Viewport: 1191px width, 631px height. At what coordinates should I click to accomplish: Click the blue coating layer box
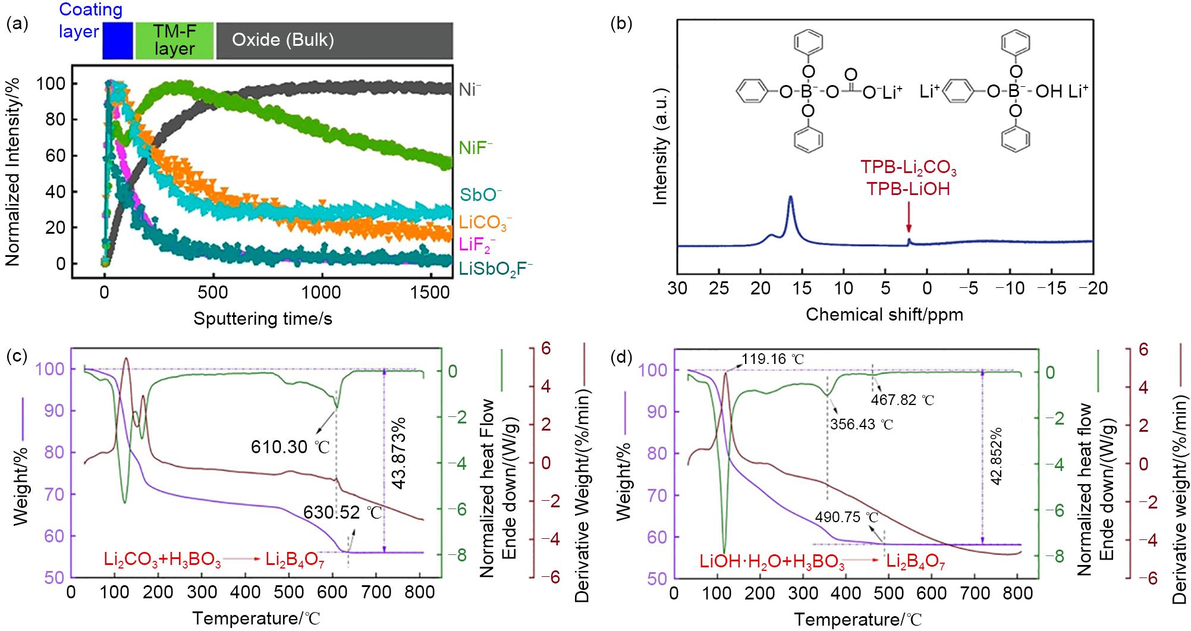pos(117,40)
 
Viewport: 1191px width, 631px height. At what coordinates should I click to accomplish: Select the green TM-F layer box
pos(174,40)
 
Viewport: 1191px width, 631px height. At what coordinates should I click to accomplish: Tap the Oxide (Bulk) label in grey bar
pos(282,40)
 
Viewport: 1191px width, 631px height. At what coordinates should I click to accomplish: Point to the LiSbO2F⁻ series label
pos(495,269)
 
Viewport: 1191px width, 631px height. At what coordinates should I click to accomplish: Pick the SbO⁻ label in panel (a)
pos(481,194)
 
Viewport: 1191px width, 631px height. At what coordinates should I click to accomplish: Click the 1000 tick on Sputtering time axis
pos(322,293)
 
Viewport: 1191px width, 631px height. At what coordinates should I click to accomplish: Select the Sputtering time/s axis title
pos(262,319)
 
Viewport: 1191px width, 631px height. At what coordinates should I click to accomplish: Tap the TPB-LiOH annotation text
pos(907,189)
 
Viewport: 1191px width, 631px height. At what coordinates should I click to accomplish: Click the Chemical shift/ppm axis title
pos(884,315)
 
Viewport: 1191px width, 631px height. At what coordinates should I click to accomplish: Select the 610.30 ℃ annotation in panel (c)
pos(290,446)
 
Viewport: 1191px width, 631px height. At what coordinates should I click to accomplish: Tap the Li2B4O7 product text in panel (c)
pos(295,560)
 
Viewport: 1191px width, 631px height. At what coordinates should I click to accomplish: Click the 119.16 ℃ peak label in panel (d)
pos(772,359)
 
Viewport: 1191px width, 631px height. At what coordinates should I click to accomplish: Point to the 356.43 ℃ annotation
pos(862,425)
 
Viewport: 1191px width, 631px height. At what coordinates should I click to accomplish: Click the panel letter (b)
pos(621,24)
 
